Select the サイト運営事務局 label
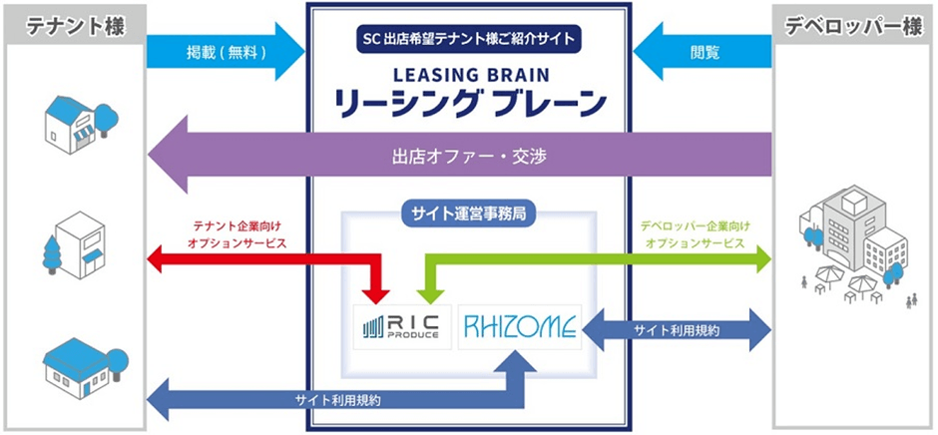pos(468,212)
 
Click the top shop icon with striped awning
pos(76,121)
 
